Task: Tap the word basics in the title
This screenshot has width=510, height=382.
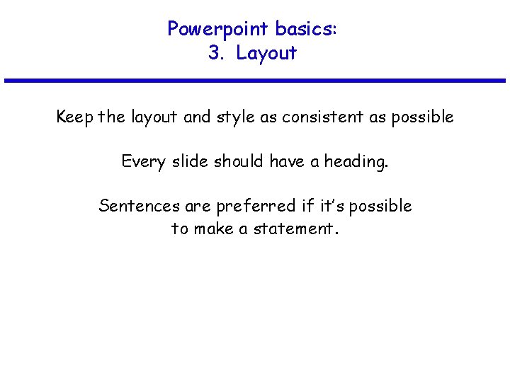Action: [x=306, y=29]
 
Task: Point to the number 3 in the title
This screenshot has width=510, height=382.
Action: [x=214, y=53]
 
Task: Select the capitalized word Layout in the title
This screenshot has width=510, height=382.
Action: [x=266, y=53]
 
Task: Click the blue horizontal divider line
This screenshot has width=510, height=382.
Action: [x=255, y=81]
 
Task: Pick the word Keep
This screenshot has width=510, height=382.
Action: [x=76, y=117]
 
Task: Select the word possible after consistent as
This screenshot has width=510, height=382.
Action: [x=421, y=117]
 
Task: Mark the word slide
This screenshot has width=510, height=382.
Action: [x=188, y=161]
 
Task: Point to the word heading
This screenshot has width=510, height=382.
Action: [x=356, y=162]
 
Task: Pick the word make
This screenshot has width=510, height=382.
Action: [x=213, y=228]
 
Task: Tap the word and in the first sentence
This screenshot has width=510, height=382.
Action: [x=196, y=117]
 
